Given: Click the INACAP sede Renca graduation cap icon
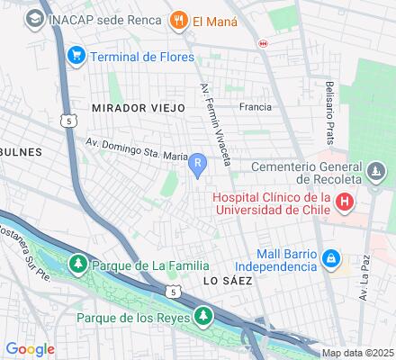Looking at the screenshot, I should point(35,18).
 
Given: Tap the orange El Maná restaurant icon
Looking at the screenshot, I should point(179,19).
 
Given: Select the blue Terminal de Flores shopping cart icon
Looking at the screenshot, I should point(76,56).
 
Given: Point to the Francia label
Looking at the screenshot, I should point(256,106).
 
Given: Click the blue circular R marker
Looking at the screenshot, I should point(197,163).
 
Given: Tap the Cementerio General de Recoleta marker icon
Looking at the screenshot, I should point(376,171).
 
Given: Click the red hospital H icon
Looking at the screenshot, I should point(345,203).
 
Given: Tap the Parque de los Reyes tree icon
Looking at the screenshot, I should point(204,317).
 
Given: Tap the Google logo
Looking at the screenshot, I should point(31,348).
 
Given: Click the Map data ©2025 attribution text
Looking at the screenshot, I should point(358,353).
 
